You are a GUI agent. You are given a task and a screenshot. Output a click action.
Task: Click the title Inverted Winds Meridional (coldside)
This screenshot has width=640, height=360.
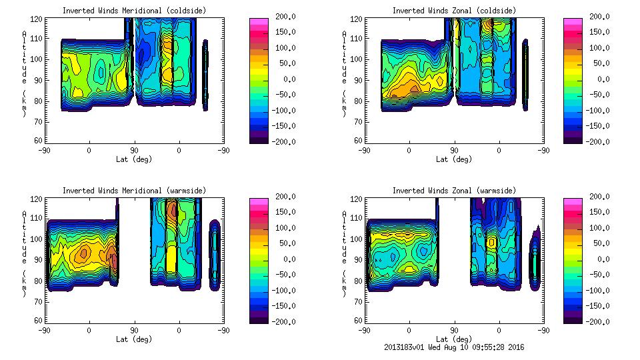(x=134, y=11)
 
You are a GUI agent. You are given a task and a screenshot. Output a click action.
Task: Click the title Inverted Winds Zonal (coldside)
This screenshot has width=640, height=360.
(x=454, y=11)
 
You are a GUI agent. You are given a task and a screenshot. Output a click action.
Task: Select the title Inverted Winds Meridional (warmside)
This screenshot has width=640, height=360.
(x=134, y=191)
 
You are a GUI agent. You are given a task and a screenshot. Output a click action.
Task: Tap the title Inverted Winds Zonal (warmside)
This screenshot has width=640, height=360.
(x=454, y=191)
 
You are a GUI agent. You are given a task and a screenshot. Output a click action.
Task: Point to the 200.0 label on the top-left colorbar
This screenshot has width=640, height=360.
(x=283, y=16)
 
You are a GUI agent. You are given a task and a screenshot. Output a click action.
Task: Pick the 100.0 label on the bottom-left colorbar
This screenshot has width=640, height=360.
(x=283, y=227)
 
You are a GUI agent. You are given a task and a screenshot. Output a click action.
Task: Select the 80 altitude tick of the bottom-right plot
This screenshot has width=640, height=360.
(x=359, y=281)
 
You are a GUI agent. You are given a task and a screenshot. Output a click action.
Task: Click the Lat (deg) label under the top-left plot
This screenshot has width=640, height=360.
(x=134, y=159)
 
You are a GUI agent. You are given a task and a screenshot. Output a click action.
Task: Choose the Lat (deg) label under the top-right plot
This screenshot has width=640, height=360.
(x=454, y=159)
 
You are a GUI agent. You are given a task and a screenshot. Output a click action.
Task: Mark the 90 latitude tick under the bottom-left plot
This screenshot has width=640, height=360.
(x=134, y=329)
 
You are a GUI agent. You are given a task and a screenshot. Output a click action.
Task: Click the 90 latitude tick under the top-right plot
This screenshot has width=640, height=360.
(x=454, y=150)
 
